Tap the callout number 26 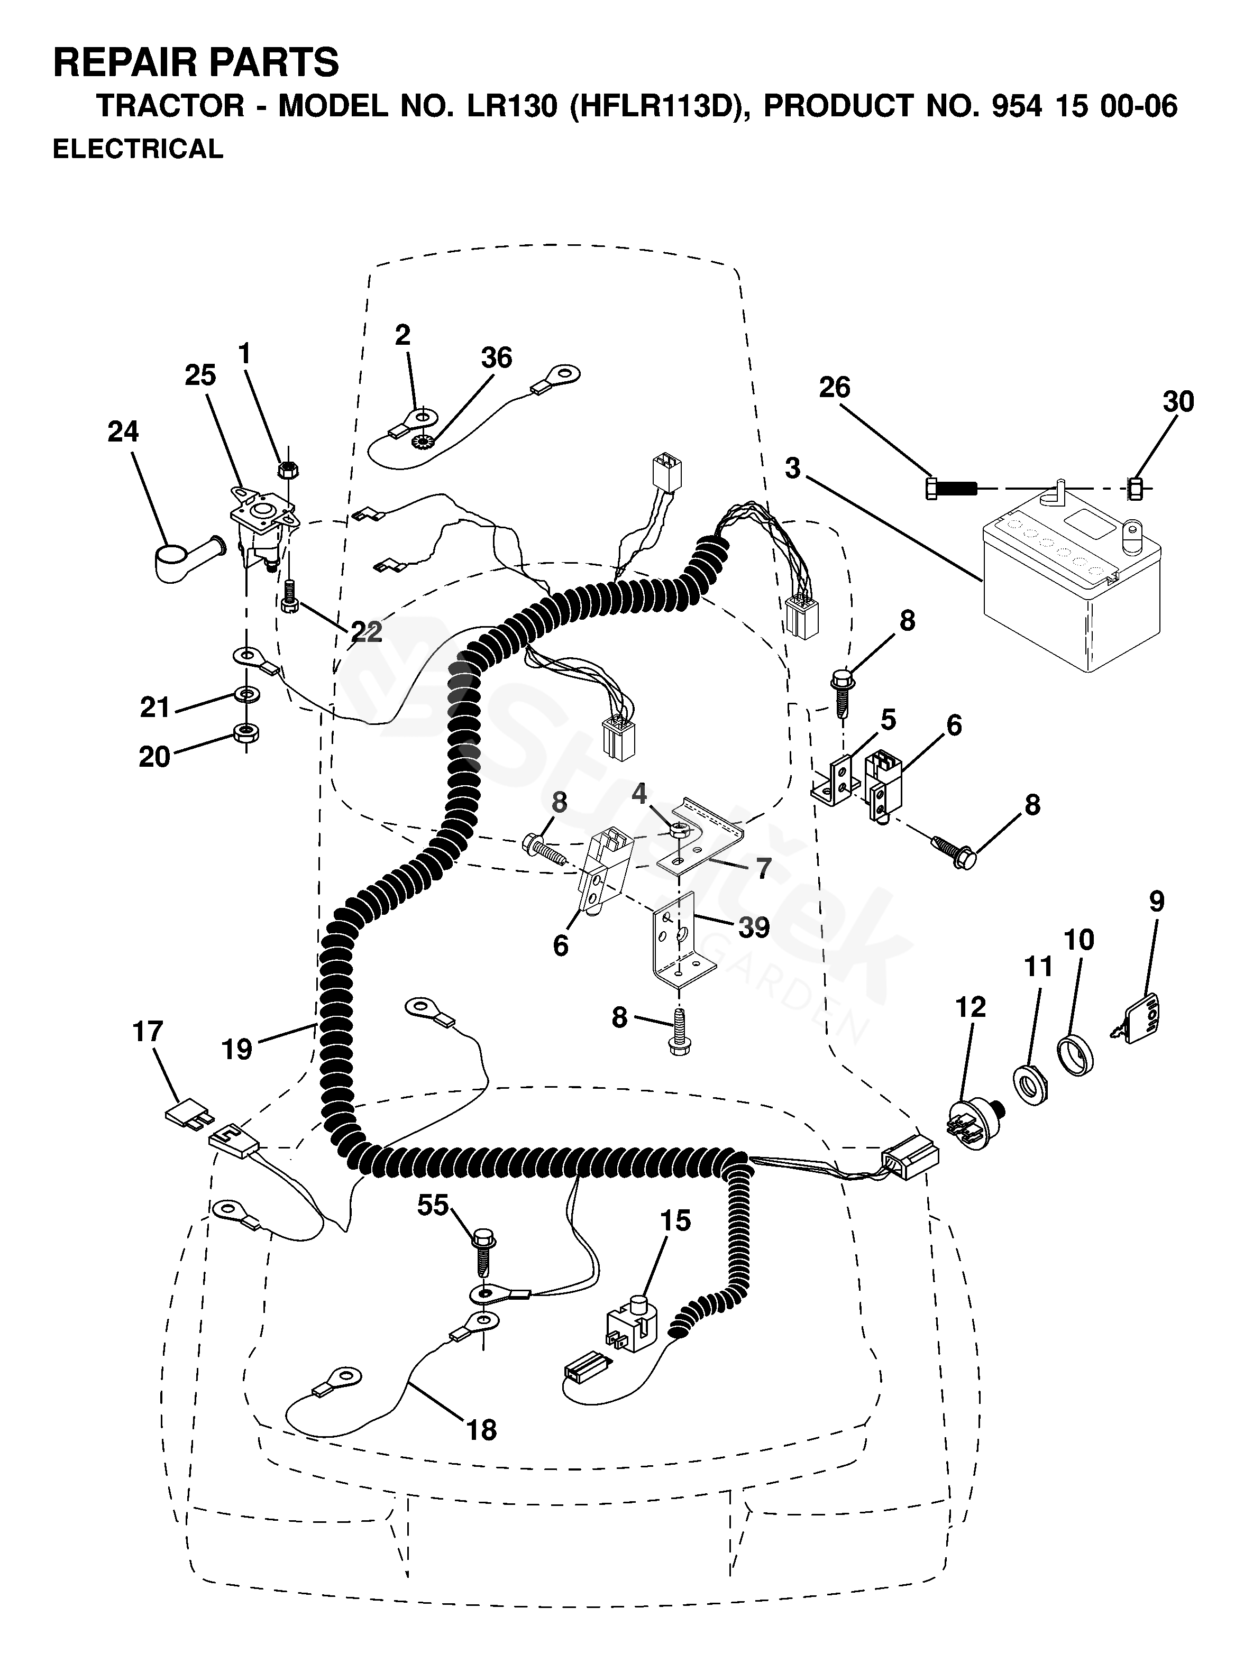tap(834, 388)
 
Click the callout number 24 tap(123, 431)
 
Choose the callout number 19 tap(237, 1049)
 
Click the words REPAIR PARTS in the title tap(196, 62)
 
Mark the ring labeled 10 tap(1075, 1058)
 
